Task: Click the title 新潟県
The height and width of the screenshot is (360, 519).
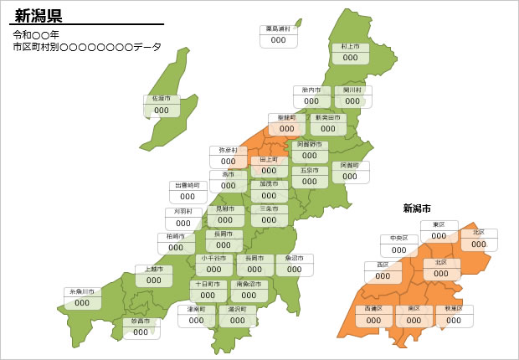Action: (x=39, y=16)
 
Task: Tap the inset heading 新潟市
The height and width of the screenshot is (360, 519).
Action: (x=417, y=208)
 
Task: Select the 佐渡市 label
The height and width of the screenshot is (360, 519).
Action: (x=162, y=99)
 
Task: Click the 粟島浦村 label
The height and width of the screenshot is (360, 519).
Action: (x=279, y=29)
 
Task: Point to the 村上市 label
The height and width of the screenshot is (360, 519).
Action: (x=350, y=47)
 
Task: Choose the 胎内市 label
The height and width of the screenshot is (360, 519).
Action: (x=311, y=90)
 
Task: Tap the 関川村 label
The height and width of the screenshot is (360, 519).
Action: (x=352, y=90)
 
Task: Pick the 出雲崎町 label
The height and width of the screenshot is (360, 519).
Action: (x=188, y=185)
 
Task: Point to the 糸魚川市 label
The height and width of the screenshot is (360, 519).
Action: (x=82, y=292)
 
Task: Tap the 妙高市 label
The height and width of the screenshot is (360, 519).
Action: (x=140, y=321)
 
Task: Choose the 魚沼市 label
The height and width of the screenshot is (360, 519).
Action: (x=295, y=259)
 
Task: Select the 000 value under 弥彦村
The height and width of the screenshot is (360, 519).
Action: (x=228, y=162)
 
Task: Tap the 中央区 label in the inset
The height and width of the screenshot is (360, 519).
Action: (x=399, y=239)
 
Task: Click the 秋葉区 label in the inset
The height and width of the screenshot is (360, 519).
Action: (x=454, y=309)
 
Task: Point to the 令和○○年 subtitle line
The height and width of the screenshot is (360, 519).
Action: (x=36, y=35)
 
